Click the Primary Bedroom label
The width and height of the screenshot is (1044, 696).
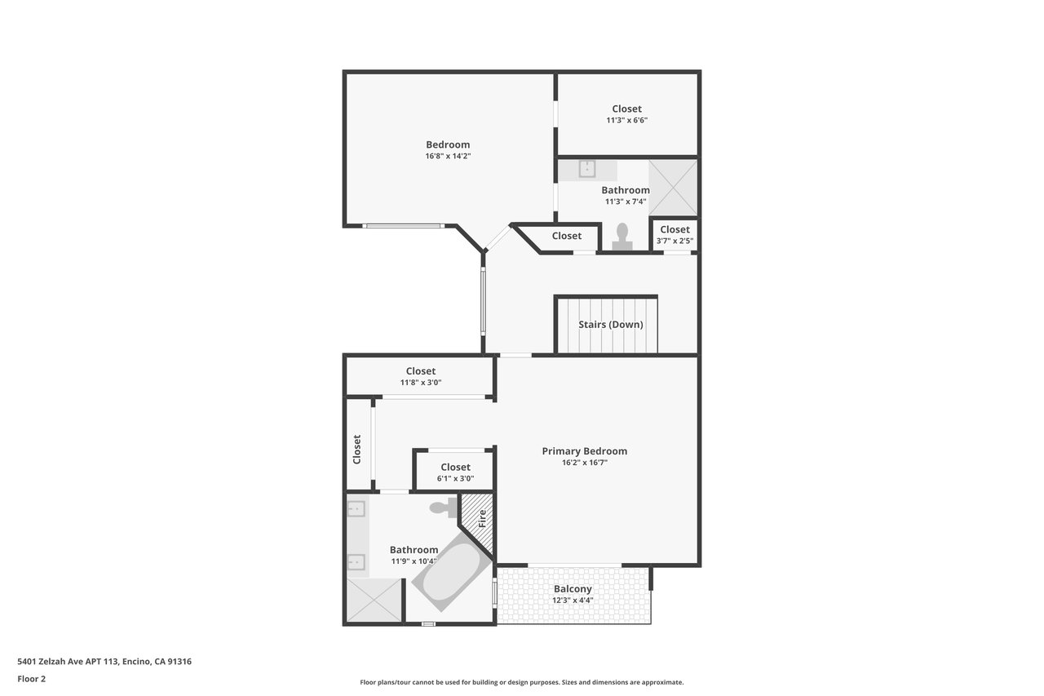point(585,451)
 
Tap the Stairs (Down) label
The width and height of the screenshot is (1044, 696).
point(611,325)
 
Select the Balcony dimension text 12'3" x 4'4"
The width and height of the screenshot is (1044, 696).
point(573,601)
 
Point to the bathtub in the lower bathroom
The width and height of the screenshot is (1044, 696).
point(450,572)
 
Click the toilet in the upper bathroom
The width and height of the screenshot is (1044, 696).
point(622,237)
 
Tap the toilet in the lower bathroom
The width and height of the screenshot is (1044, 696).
point(443,508)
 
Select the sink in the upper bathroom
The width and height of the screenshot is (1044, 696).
point(587,169)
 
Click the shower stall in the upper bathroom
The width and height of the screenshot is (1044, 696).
point(673,188)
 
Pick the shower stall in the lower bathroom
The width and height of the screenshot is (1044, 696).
point(374,600)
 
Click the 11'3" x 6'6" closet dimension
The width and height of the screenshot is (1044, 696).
point(627,120)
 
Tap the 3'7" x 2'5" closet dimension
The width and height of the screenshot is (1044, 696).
point(675,241)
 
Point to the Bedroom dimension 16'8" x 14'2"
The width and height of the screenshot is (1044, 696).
point(448,156)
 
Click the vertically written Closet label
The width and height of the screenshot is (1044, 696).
point(357,450)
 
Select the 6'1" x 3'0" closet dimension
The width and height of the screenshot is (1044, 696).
point(455,479)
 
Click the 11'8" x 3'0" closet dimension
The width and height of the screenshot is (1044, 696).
point(421,383)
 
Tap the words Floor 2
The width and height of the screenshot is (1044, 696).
point(32,679)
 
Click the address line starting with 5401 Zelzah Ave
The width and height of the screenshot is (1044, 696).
point(104,662)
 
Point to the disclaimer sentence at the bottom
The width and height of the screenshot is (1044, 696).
point(521,682)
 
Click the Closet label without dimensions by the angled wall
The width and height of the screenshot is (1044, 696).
point(567,236)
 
